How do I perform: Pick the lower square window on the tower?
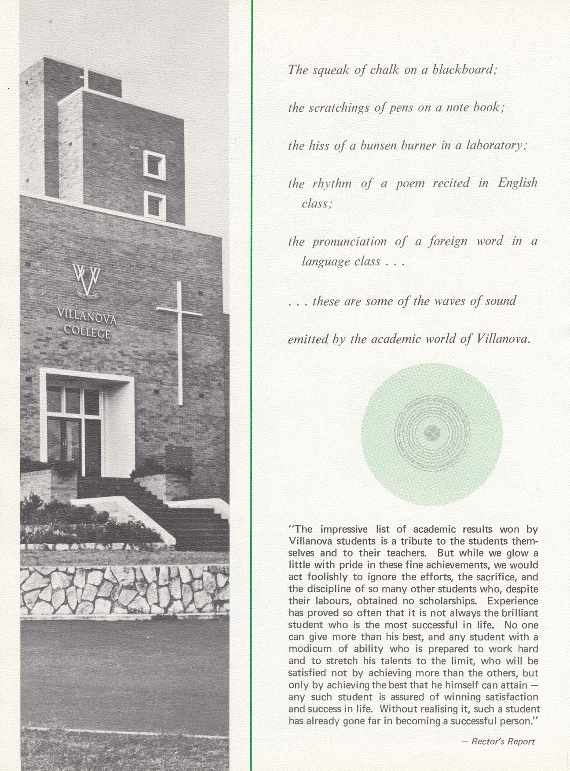click(154, 204)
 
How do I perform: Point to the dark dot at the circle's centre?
click(432, 433)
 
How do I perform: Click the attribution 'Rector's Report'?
click(503, 741)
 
